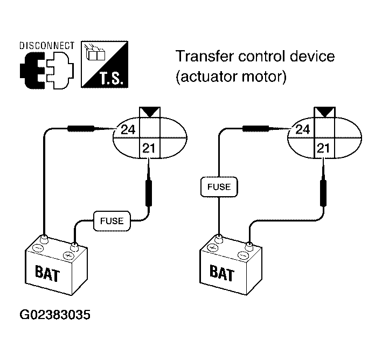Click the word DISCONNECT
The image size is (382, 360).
click(x=47, y=46)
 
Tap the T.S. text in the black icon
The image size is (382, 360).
click(x=110, y=79)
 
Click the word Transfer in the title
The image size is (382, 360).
click(x=204, y=56)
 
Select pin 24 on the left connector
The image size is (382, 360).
click(x=128, y=129)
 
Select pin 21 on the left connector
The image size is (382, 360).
click(x=149, y=148)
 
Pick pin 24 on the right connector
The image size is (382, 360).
click(x=303, y=129)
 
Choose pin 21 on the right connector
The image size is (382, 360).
click(x=323, y=148)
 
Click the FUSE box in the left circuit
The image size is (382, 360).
click(x=112, y=221)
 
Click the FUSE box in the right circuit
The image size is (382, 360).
click(x=219, y=186)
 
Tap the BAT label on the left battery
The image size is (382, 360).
click(x=47, y=273)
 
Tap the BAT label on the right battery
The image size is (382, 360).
click(x=222, y=273)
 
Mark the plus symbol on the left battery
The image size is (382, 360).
click(x=68, y=255)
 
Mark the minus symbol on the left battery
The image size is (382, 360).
click(x=39, y=248)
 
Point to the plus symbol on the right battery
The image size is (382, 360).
click(x=212, y=247)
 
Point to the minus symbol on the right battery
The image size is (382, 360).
click(x=242, y=255)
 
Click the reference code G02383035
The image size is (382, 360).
click(x=55, y=314)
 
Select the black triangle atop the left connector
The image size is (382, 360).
click(x=150, y=112)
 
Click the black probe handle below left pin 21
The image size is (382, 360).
click(x=149, y=193)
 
